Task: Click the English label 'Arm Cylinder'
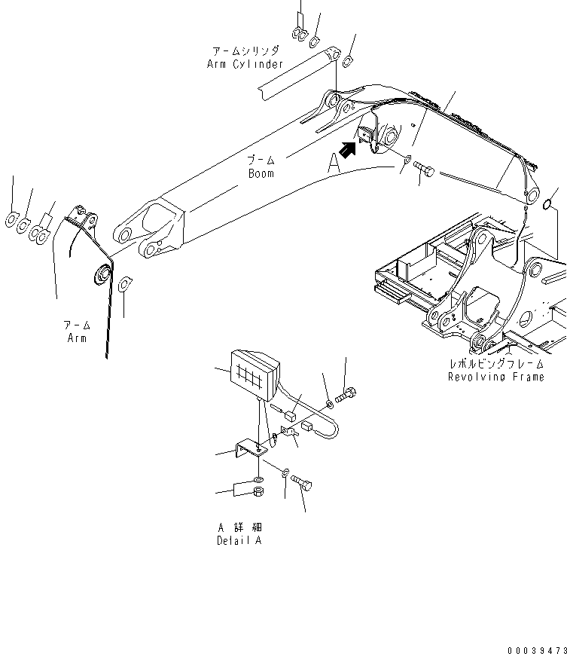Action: [245, 65]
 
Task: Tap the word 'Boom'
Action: [261, 173]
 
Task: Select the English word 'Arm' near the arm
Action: [75, 338]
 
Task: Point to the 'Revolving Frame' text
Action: [495, 376]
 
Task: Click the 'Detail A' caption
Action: [239, 541]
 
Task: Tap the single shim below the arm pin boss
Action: [125, 284]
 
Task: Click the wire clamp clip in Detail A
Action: [287, 431]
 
